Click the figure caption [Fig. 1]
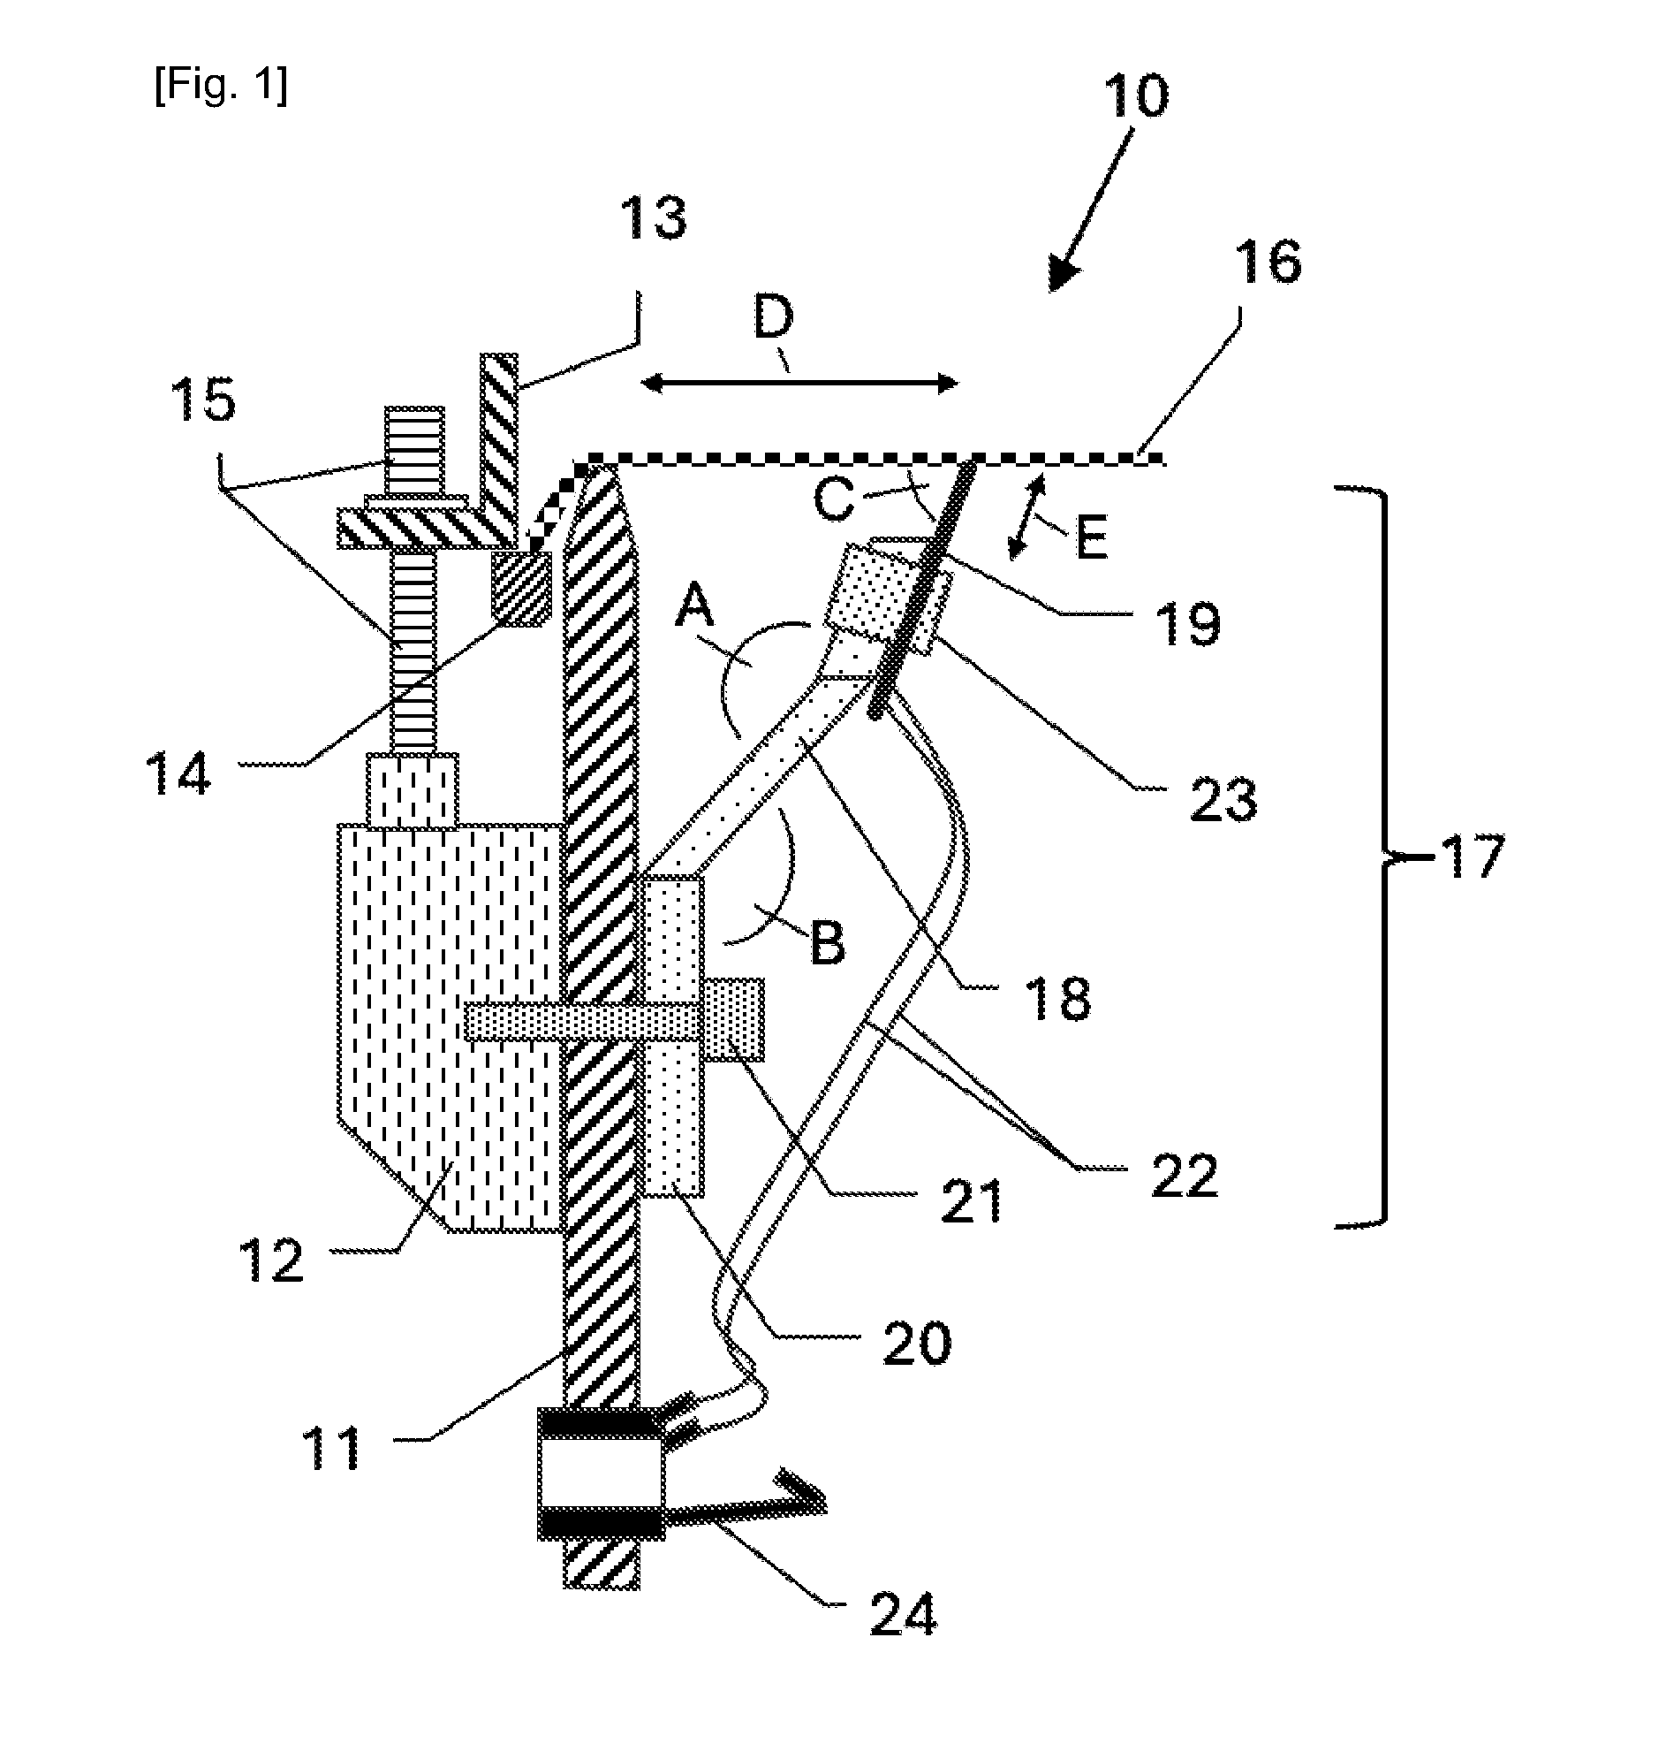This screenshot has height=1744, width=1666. pos(220,86)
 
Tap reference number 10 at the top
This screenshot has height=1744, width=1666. pos(1136,95)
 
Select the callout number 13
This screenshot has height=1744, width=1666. pos(654,217)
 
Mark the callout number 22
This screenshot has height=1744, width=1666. pos(1184,1177)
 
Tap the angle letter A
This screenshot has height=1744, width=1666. pos(695,610)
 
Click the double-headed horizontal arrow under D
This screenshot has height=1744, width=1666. pos(799,384)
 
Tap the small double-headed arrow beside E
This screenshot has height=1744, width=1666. pos(1028,518)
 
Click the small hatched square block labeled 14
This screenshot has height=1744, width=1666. pos(521,588)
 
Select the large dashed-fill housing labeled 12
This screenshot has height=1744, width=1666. pos(449,1026)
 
